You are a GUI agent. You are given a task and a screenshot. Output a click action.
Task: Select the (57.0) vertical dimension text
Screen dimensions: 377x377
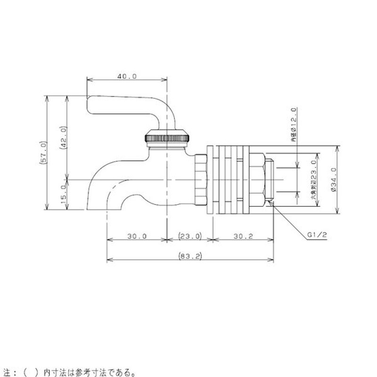click(x=43, y=152)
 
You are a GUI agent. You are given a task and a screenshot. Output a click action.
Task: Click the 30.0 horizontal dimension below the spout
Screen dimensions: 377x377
click(x=137, y=236)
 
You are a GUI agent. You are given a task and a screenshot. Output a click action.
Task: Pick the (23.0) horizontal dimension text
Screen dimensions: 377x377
click(x=190, y=236)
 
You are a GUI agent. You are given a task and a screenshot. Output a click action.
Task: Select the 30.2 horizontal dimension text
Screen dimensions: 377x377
click(x=243, y=236)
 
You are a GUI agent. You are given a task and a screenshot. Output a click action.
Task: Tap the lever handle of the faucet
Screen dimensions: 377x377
click(x=127, y=106)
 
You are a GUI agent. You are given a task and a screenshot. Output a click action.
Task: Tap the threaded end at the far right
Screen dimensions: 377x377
click(x=270, y=180)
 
